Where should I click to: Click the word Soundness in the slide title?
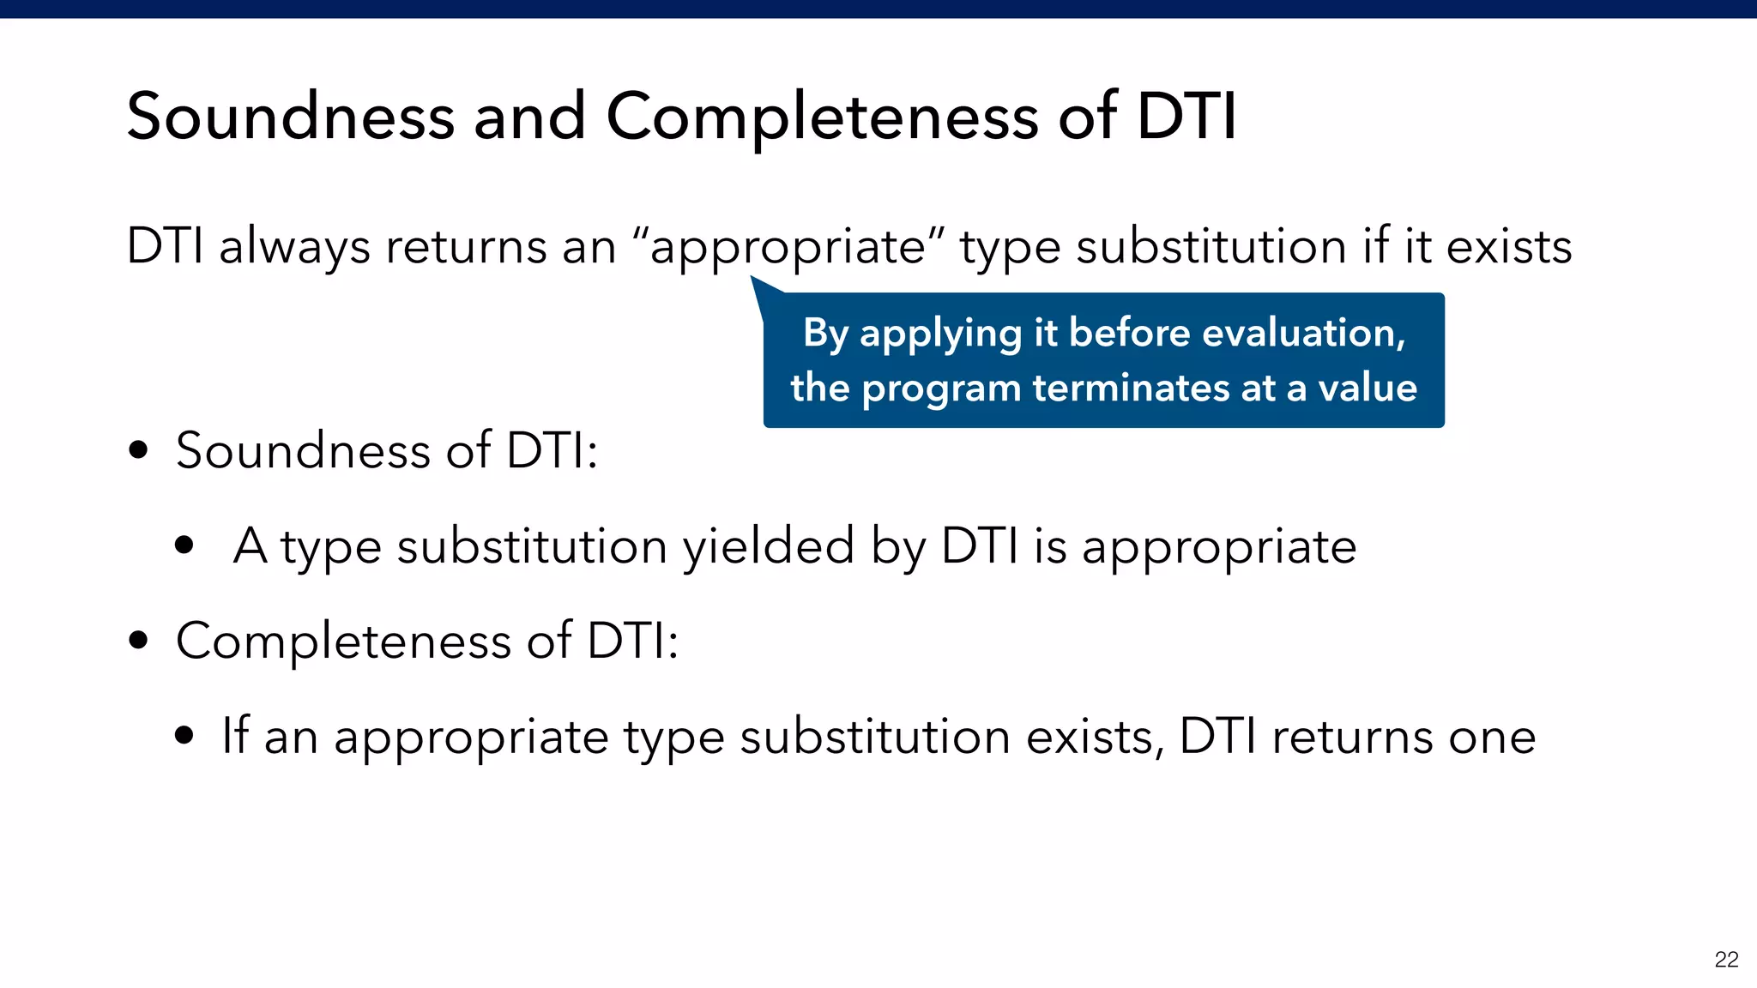pos(290,117)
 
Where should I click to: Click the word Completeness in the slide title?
pos(822,117)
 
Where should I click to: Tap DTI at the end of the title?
pos(1186,117)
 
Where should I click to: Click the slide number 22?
pos(1726,960)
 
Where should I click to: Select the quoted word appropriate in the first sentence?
pos(788,247)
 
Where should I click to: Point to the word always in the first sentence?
pos(294,247)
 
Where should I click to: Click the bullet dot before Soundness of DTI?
pos(138,450)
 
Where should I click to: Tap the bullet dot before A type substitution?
pos(184,545)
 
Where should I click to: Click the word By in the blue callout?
pos(824,334)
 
